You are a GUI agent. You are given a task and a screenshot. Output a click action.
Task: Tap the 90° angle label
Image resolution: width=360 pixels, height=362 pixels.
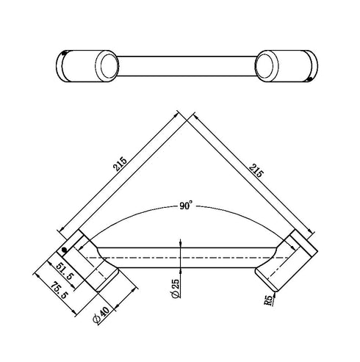pyautogui.click(x=184, y=207)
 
